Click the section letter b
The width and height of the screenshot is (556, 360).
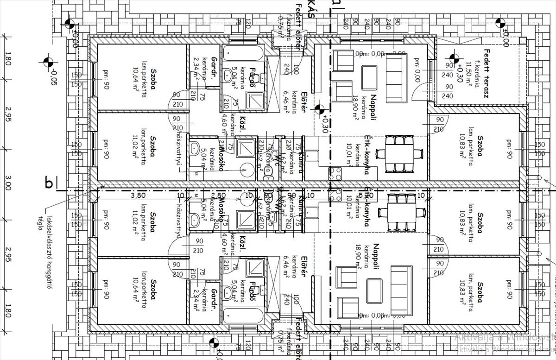49,183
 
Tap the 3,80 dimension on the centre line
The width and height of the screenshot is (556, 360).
139,196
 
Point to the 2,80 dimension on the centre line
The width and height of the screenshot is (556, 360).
221,196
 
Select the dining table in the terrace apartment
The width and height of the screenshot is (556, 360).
399,154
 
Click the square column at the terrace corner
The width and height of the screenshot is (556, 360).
522,41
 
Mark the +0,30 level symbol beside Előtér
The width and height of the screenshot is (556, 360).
319,110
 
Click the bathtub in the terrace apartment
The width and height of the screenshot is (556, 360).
242,51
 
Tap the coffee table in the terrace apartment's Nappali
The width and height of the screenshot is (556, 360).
369,76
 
